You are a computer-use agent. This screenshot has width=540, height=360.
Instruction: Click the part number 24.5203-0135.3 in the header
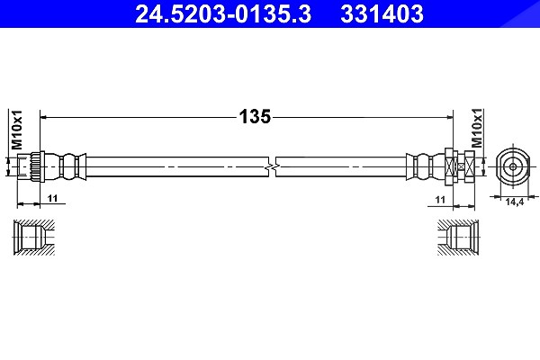click(x=223, y=13)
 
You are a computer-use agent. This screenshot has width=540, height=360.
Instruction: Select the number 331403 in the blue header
click(x=382, y=13)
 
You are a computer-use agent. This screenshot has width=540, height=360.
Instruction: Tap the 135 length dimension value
click(x=256, y=117)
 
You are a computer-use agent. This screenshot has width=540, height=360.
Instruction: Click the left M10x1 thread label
click(x=17, y=130)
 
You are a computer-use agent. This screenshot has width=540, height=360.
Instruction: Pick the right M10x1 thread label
click(x=477, y=128)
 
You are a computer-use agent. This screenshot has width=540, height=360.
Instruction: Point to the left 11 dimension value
click(x=53, y=198)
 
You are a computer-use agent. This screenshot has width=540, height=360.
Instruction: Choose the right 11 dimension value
click(x=440, y=200)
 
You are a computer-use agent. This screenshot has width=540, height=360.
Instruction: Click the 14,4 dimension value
click(x=515, y=202)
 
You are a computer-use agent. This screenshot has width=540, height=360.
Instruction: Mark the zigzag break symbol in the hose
click(x=272, y=167)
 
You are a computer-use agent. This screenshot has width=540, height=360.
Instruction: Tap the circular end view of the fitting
click(x=513, y=167)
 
